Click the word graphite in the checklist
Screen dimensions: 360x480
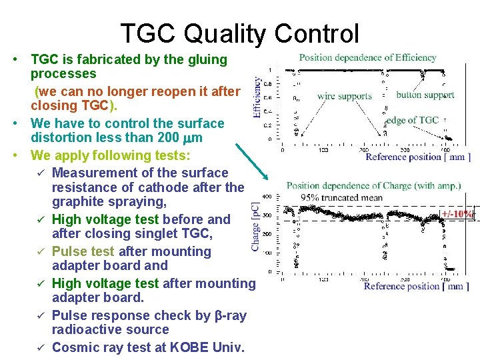pyautogui.click(x=77, y=202)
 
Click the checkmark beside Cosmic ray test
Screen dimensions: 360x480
pyautogui.click(x=41, y=347)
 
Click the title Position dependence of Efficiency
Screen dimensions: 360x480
pyautogui.click(x=367, y=57)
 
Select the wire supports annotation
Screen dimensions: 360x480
pyautogui.click(x=344, y=96)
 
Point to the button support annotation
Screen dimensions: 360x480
pyautogui.click(x=425, y=95)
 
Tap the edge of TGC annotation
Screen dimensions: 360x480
pyautogui.click(x=413, y=120)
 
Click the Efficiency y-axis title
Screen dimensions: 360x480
pyautogui.click(x=257, y=97)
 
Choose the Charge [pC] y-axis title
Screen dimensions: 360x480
pyautogui.click(x=256, y=227)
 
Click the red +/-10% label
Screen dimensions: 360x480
pyautogui.click(x=457, y=214)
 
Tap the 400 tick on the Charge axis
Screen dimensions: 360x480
pyautogui.click(x=267, y=197)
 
